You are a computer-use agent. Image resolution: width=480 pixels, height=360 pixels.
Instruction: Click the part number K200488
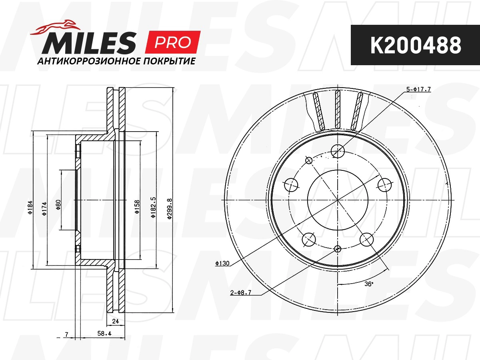[415, 45]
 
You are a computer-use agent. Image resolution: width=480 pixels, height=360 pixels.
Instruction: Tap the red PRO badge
[172, 42]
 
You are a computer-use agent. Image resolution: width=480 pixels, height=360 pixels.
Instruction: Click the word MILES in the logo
[89, 43]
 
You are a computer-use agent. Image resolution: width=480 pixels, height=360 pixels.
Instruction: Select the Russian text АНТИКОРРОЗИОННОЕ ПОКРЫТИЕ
[116, 62]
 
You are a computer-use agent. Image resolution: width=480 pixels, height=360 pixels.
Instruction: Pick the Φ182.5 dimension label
[153, 207]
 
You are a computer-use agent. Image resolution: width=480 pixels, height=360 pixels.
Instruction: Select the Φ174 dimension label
[44, 208]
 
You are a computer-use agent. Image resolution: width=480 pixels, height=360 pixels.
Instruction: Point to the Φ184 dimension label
[30, 208]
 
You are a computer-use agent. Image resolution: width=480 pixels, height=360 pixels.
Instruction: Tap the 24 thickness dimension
[116, 321]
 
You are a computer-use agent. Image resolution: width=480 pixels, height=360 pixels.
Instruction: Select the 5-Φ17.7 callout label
[418, 90]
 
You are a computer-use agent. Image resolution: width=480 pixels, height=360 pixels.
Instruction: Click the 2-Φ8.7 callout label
[241, 292]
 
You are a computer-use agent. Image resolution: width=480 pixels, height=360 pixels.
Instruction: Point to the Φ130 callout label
[222, 263]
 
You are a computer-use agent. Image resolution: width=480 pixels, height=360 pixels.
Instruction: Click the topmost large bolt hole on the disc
[338, 151]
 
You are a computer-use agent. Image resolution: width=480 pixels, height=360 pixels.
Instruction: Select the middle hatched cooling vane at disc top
[338, 108]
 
